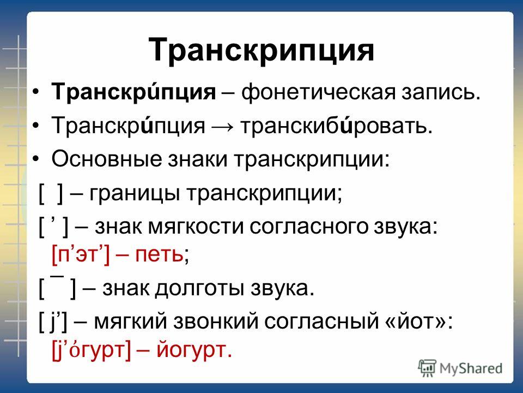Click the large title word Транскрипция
tap(261, 50)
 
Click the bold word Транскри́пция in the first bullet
tap(133, 92)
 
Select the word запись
tap(440, 92)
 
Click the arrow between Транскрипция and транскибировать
tap(222, 127)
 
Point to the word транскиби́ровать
tap(336, 126)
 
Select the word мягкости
tap(196, 227)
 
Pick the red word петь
tap(159, 255)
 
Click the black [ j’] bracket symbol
tap(53, 321)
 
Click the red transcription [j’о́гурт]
tap(92, 350)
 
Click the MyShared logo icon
tap(427, 368)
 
